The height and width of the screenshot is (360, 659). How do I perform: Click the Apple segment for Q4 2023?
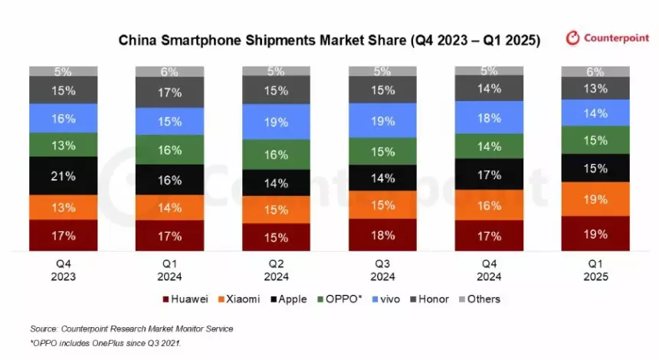pos(64,176)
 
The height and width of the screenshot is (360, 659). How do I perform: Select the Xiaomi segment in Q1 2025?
pos(595,199)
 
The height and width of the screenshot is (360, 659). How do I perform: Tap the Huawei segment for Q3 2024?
pos(382,234)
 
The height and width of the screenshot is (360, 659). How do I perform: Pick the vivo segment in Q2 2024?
pos(277,121)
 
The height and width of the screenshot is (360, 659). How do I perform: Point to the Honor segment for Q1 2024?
pos(169,93)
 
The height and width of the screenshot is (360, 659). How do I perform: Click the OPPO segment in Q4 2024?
pos(489,146)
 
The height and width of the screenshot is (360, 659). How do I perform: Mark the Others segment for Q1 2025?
pos(595,71)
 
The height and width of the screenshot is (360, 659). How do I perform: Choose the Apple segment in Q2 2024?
pos(277,183)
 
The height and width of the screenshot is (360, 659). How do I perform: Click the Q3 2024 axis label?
pos(382,270)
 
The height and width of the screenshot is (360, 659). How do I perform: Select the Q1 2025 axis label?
pos(595,270)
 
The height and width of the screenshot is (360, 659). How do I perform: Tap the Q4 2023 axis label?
pos(64,270)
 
